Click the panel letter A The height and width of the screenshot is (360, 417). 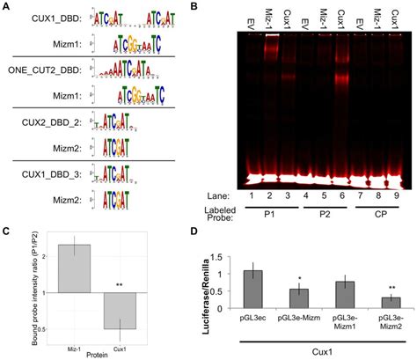click(x=5, y=7)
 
